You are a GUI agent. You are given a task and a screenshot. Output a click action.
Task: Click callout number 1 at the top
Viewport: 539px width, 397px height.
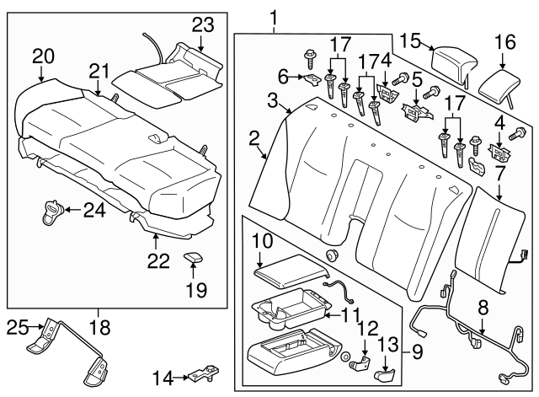[x=272, y=16]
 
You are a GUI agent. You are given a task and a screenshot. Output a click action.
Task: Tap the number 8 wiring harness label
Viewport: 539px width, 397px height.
[x=483, y=307]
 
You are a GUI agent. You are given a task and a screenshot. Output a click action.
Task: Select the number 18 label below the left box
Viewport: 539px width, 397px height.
[x=99, y=326]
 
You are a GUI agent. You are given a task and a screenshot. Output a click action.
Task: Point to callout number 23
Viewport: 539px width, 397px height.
[x=203, y=24]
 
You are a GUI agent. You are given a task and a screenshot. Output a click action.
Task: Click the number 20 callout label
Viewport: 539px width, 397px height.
[x=42, y=56]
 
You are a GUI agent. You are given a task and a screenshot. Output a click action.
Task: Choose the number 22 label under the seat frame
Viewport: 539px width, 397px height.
[x=154, y=262]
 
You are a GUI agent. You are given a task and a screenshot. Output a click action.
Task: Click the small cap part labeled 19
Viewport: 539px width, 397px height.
[x=193, y=257]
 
